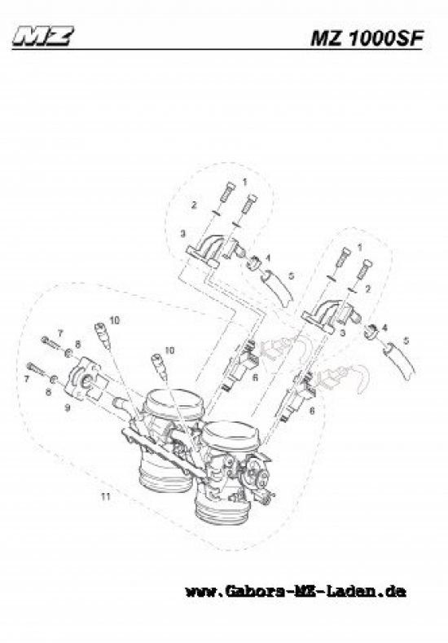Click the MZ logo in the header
point(43,36)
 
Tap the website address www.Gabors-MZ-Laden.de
point(296,592)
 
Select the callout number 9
point(68,408)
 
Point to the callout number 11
point(106,497)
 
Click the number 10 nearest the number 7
point(115,320)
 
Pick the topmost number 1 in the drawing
point(244,181)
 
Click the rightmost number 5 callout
point(406,341)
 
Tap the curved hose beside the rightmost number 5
point(399,362)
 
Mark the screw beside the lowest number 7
point(36,369)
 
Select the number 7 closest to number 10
point(60,333)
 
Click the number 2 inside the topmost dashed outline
point(195,205)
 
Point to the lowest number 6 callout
point(312,410)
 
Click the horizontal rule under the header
point(217,50)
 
